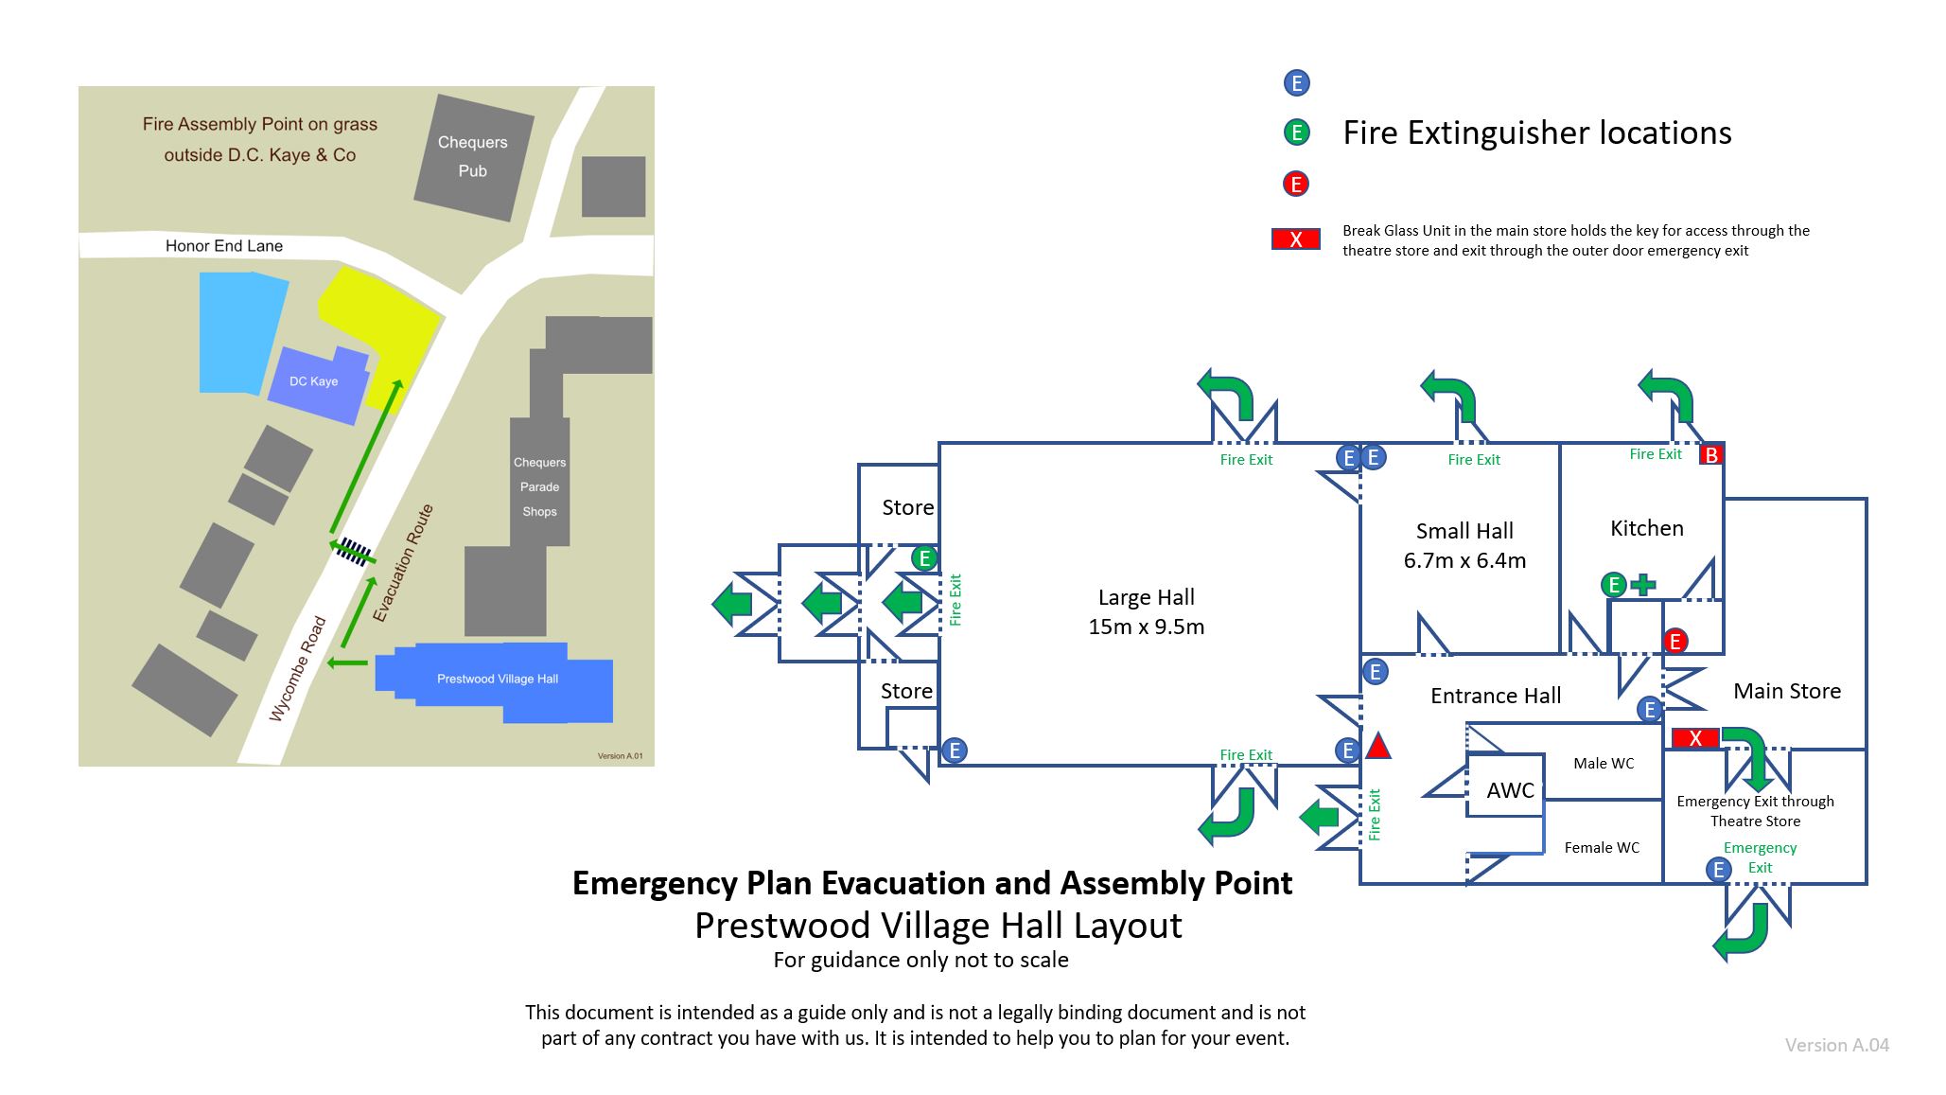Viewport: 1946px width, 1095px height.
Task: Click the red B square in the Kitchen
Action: click(1710, 454)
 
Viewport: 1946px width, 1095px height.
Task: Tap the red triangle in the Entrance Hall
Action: click(1378, 747)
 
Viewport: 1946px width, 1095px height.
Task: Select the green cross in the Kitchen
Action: click(1643, 585)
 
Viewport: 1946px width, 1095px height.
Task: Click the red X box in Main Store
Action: click(1695, 738)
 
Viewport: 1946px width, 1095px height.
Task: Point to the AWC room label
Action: click(1510, 790)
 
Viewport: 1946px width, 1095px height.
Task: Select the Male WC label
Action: click(1604, 763)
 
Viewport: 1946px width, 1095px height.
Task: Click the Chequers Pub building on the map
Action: click(474, 157)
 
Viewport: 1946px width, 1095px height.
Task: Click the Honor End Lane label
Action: click(224, 246)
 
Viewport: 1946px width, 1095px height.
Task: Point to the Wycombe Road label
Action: click(297, 669)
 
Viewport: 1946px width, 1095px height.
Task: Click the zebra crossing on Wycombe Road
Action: click(355, 551)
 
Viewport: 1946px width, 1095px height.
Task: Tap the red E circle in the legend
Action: click(1296, 184)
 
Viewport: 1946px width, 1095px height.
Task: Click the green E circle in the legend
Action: click(1296, 132)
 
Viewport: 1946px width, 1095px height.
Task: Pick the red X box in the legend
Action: click(1295, 239)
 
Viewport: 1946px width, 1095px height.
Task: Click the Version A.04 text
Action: click(1836, 1045)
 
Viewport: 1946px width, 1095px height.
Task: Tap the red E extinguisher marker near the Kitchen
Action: click(1674, 642)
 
